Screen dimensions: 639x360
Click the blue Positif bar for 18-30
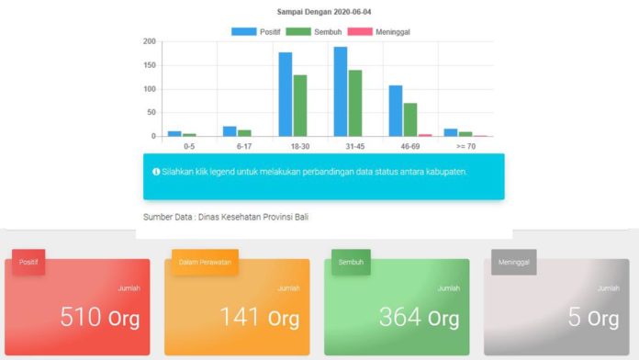tap(286, 95)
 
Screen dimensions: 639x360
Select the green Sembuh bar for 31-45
tap(355, 103)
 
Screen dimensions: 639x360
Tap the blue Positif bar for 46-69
tap(396, 111)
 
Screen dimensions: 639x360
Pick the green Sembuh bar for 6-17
tap(244, 133)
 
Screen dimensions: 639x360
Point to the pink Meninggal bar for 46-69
tap(425, 135)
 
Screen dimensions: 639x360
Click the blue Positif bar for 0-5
tap(174, 134)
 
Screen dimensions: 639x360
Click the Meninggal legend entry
tap(378, 32)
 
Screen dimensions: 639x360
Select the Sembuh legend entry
tap(314, 32)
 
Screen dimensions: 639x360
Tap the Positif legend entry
tap(256, 32)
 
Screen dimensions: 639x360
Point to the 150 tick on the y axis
tap(150, 65)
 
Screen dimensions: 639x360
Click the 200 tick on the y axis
tap(150, 41)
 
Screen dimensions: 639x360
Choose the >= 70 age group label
tap(465, 146)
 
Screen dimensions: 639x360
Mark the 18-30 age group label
tap(300, 146)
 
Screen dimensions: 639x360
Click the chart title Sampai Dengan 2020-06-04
tap(324, 12)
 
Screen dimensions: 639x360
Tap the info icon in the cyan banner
tap(156, 172)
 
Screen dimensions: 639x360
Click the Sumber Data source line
tap(226, 217)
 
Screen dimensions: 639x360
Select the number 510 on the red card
tap(81, 317)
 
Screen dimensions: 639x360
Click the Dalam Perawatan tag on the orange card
tap(205, 262)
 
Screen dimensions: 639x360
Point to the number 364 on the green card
tap(399, 317)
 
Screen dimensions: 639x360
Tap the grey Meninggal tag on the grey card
tap(514, 262)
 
